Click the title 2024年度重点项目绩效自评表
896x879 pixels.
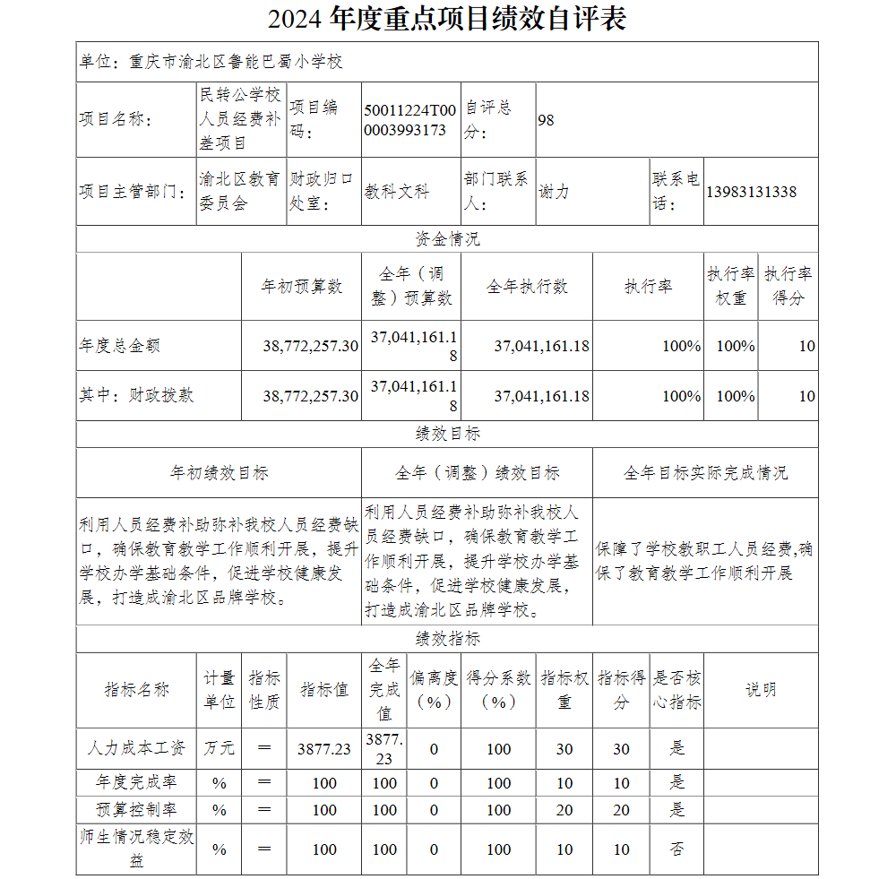(447, 19)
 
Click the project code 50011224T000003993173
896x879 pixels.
(409, 119)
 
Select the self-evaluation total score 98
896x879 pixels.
(546, 119)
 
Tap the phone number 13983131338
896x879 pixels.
(751, 192)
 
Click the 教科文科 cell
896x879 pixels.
(396, 192)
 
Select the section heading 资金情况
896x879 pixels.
(447, 239)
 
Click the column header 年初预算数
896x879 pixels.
(301, 287)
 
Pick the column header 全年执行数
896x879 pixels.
(527, 287)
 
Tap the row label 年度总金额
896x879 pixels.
(119, 346)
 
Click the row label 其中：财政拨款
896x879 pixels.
(136, 395)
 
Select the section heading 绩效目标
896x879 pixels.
(447, 434)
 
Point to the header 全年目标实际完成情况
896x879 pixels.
(705, 472)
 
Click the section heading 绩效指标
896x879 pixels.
(447, 639)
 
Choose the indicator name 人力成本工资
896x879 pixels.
(136, 748)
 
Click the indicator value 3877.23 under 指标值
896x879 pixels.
(323, 749)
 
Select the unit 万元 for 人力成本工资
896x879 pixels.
(219, 748)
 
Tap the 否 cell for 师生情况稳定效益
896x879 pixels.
(676, 849)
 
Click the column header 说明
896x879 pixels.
(761, 690)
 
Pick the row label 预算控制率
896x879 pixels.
(136, 809)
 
